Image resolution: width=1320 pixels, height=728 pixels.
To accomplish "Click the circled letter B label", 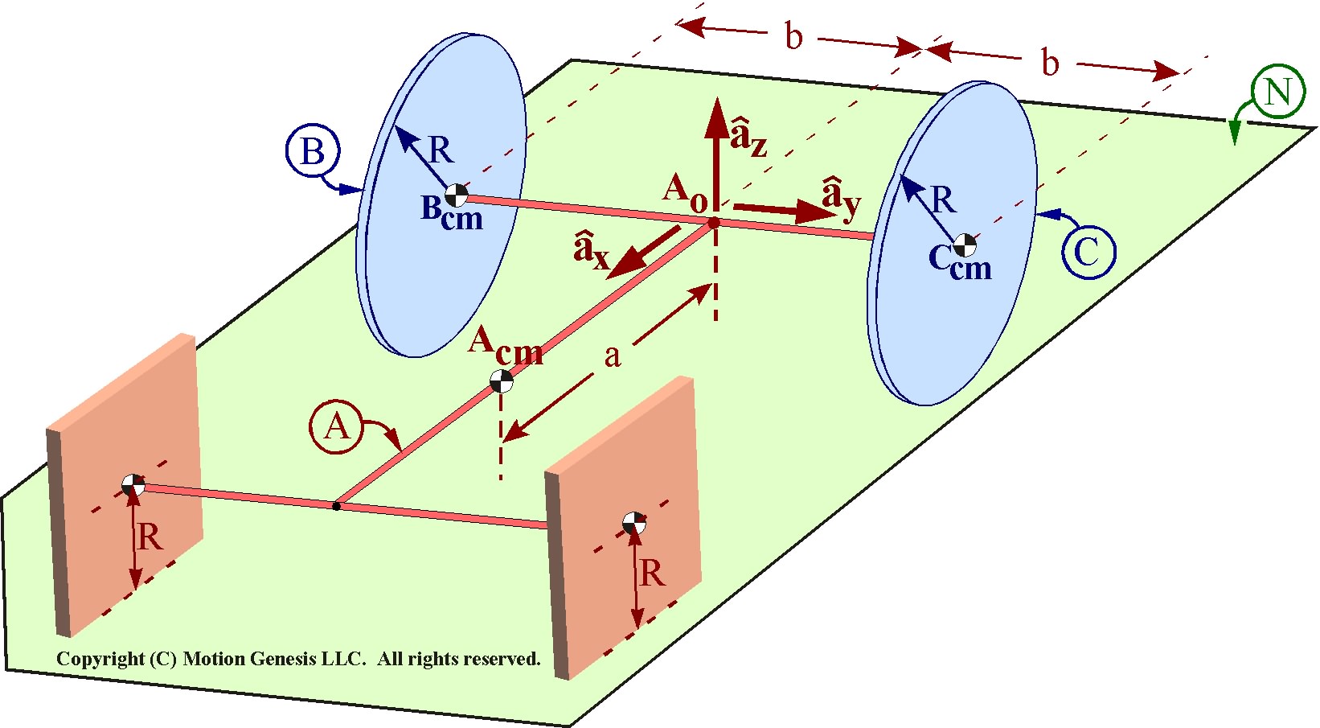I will [x=312, y=151].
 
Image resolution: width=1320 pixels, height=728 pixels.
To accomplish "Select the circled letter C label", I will [x=1088, y=253].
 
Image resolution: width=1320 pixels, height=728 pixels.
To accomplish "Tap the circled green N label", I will [x=1277, y=92].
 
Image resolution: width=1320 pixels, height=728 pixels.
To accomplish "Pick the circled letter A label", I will [x=337, y=427].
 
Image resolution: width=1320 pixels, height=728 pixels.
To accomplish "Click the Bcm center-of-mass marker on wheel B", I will [x=456, y=195].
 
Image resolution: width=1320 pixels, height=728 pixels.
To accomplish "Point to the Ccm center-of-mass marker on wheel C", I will [x=965, y=246].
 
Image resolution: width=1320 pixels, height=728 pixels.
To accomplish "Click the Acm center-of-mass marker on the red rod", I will [x=502, y=381].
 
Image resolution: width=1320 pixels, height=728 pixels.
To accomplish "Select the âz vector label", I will [x=748, y=137].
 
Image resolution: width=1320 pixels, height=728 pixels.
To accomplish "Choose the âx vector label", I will [x=592, y=250].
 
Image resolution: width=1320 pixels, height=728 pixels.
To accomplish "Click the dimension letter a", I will [x=613, y=356].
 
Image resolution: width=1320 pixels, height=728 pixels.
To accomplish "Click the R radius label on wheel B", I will [x=440, y=150].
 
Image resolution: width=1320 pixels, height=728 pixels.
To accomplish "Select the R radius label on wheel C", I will [x=941, y=199].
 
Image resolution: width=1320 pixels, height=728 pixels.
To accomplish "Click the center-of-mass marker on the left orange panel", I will [x=133, y=485].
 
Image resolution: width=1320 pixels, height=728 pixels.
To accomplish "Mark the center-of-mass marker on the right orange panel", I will [x=634, y=523].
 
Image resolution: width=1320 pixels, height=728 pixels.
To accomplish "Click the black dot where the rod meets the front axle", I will [x=337, y=506].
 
